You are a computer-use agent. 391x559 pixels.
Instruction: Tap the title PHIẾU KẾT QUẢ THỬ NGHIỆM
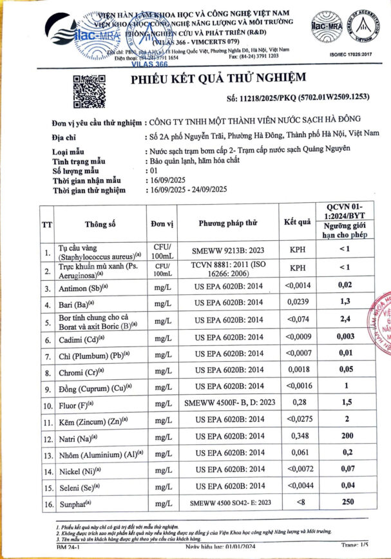tap(218, 79)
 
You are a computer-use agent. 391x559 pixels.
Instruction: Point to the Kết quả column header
tap(297, 222)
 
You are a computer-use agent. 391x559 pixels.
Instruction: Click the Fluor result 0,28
tap(297, 402)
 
